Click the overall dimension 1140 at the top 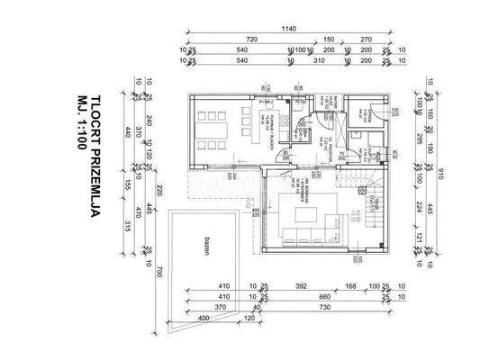[287, 29]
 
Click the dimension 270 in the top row [366, 40]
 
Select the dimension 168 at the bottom [349, 288]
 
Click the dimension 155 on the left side [129, 183]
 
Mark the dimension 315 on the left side [129, 225]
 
